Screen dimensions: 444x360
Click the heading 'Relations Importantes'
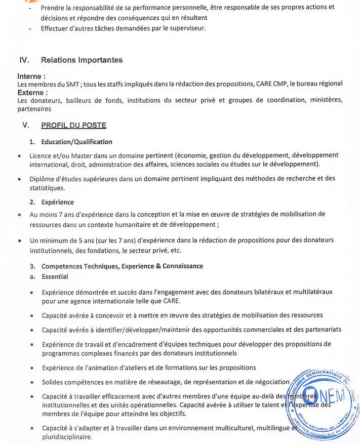82,60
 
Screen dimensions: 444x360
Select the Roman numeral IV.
24,60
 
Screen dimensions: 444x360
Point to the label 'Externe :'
33,93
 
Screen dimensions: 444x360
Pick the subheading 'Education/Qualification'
77,142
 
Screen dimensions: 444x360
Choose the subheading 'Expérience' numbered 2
58,202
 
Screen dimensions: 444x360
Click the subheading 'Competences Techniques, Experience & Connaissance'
122,266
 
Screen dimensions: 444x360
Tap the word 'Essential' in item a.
55,276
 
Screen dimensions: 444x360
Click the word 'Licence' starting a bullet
41,155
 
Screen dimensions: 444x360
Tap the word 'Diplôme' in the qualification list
43,178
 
